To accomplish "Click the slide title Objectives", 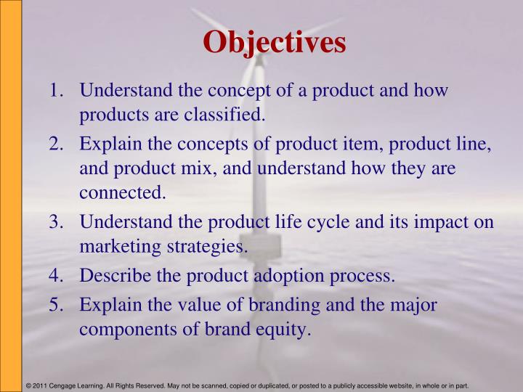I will coord(275,42).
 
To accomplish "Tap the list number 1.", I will coord(55,92).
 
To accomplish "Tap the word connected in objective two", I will coord(123,194).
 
